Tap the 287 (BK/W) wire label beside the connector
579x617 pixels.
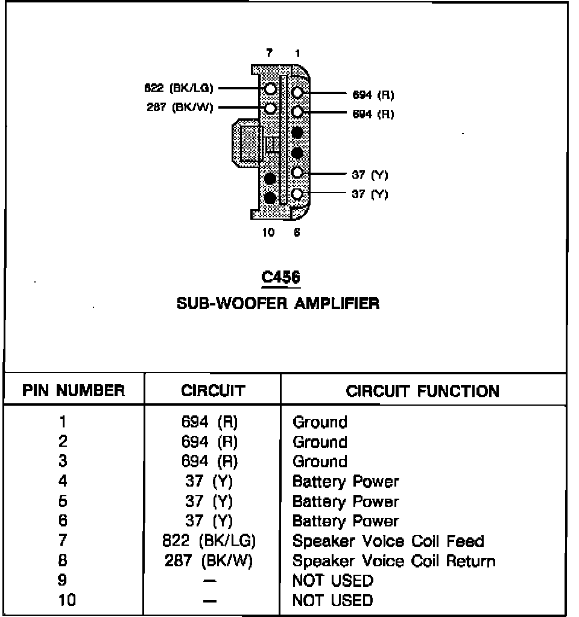(x=180, y=109)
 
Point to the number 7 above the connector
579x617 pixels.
(x=270, y=54)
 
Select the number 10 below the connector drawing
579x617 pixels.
(x=269, y=232)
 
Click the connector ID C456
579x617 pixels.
(x=280, y=277)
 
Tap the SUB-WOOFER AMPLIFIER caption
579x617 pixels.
(x=278, y=303)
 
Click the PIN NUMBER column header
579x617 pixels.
(x=74, y=391)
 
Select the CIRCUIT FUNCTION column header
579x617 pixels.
(x=422, y=391)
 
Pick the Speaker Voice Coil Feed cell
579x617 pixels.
(x=388, y=541)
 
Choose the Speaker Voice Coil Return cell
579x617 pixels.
(x=394, y=561)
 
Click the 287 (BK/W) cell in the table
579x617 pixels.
(x=209, y=561)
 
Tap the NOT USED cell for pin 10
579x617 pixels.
(x=332, y=600)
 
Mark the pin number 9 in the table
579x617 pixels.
(x=62, y=580)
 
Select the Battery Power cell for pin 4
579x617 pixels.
(x=346, y=481)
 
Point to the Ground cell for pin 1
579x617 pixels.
(x=320, y=422)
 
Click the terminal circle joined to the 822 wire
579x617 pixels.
(x=271, y=89)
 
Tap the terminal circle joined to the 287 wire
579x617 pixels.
(x=271, y=109)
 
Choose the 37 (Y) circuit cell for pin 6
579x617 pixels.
(x=209, y=521)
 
